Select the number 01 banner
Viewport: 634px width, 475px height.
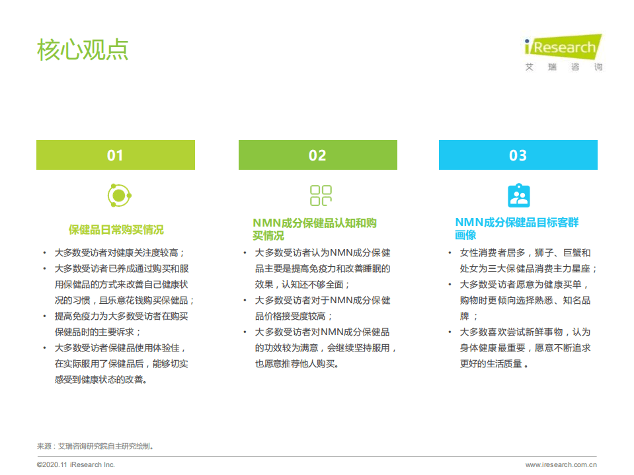(116, 155)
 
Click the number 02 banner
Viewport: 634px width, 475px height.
(317, 155)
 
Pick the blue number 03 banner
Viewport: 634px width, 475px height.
(518, 155)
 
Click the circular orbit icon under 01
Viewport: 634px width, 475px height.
(119, 196)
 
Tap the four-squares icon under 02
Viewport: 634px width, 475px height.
(321, 196)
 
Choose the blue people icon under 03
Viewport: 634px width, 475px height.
(518, 196)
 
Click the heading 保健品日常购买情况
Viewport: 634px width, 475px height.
(116, 230)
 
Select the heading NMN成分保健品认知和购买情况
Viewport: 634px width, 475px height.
(315, 229)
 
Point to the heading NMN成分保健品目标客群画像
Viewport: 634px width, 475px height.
(516, 229)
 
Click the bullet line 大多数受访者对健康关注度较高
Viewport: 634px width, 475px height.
(119, 252)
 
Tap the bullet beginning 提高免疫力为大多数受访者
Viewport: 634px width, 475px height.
(122, 316)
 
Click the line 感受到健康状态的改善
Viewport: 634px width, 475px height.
(100, 379)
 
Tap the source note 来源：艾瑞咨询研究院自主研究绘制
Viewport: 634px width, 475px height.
(96, 446)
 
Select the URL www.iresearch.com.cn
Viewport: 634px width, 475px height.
(561, 464)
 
